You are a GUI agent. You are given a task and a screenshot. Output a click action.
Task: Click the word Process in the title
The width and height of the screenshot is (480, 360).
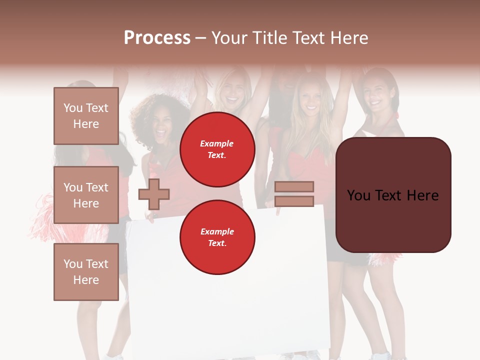pos(157,38)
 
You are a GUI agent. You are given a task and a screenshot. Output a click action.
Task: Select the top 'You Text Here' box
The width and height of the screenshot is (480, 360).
pos(86,116)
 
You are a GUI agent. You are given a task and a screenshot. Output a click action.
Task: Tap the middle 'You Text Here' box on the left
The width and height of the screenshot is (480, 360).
pos(86,195)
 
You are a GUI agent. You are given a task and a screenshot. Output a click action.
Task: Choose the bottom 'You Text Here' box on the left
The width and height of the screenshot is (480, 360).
pos(86,272)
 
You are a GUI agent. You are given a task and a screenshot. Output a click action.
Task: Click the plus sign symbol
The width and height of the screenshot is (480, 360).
pos(154,194)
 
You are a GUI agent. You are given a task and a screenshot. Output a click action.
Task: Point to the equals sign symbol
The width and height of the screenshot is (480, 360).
pos(294,194)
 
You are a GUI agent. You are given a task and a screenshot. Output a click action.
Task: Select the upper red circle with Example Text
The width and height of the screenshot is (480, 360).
pos(217,149)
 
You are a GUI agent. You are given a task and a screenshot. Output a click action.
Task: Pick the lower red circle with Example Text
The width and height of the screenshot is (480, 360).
pos(217,237)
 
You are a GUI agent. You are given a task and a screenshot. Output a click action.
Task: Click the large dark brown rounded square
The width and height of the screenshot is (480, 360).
pos(393,195)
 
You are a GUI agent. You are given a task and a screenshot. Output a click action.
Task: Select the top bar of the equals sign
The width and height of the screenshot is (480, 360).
pos(294,186)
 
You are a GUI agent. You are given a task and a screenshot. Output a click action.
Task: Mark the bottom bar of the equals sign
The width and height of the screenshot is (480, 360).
pos(294,201)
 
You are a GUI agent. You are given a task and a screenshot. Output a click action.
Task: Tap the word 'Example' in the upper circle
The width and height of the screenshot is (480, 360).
pos(217,143)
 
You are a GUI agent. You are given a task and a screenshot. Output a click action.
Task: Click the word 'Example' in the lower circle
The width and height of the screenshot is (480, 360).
pos(217,231)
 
